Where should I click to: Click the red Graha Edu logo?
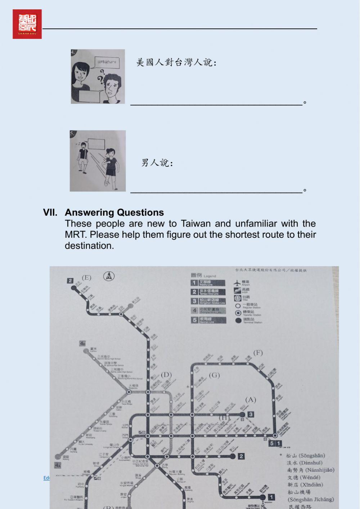click(27, 24)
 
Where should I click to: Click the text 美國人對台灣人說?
click(176, 63)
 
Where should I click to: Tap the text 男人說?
click(157, 163)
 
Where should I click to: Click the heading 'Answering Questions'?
click(114, 213)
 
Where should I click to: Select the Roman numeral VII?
click(50, 213)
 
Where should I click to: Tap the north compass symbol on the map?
click(109, 276)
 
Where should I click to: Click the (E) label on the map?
click(86, 278)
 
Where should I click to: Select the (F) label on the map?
click(258, 353)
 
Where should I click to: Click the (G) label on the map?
click(214, 375)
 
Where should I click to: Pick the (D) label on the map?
click(166, 375)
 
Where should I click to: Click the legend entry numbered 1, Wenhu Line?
click(208, 283)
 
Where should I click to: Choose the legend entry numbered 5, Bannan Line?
click(208, 320)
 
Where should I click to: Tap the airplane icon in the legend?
click(237, 283)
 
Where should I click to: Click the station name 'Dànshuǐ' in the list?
click(305, 463)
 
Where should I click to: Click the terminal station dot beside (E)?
click(74, 288)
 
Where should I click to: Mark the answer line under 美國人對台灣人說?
click(216, 104)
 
